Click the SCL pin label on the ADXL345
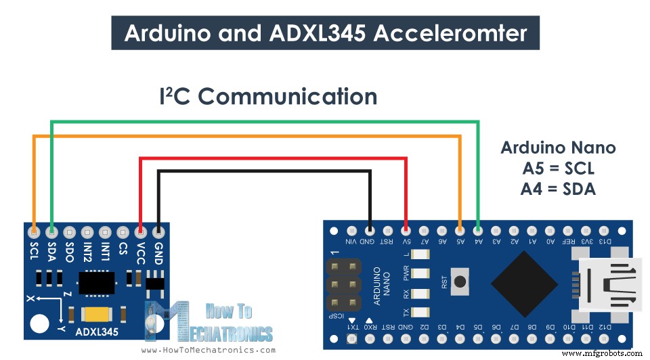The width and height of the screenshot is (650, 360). click(34, 251)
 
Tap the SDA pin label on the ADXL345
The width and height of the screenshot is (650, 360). click(51, 251)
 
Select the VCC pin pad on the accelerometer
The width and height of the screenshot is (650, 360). click(140, 231)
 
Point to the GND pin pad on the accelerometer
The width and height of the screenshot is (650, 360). click(158, 231)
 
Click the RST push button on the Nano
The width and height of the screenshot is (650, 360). click(462, 280)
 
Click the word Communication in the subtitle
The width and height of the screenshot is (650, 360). click(287, 97)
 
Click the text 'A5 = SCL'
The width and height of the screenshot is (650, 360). click(558, 168)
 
